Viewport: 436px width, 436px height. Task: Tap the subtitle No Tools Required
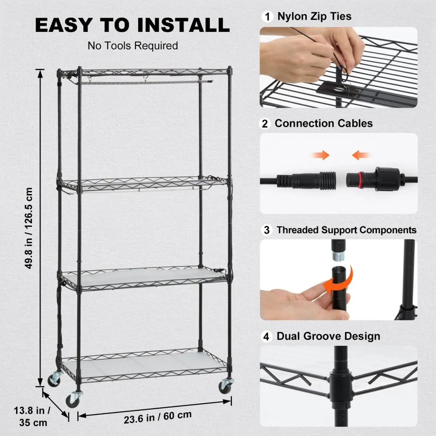coord(133,46)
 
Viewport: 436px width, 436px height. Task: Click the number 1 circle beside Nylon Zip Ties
coord(267,17)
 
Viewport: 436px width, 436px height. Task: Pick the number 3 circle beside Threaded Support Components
coord(267,230)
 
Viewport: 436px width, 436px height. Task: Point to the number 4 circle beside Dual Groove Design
coord(267,337)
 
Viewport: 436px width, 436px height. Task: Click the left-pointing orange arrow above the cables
coord(361,155)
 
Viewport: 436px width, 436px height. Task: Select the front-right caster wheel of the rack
coord(226,385)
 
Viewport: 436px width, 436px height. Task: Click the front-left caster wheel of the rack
coord(74,399)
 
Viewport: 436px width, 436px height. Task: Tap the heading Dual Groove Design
coord(328,337)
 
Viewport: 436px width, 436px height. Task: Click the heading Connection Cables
coord(324,124)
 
